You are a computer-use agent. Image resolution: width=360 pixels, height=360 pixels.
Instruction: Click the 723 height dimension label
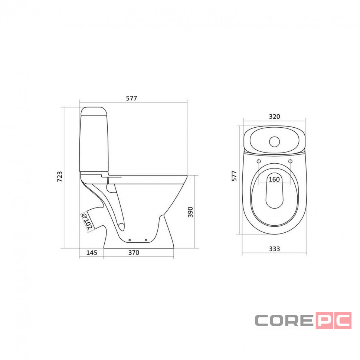coord(60,177)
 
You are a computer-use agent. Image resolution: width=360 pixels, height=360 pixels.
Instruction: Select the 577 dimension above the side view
coord(131,98)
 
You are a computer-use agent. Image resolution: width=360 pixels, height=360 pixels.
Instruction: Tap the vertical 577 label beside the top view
coord(234,176)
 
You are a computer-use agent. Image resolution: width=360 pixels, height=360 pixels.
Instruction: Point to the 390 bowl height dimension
coord(190,212)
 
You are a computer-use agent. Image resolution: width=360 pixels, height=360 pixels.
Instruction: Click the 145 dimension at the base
coord(92,252)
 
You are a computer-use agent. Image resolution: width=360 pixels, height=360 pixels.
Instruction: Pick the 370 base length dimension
coord(134,252)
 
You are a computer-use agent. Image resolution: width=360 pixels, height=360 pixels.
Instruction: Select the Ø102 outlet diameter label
coord(87,221)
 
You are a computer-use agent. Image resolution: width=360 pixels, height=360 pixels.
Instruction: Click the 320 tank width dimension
coord(274,117)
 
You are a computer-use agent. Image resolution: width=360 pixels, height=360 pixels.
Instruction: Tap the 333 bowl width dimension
coord(274,249)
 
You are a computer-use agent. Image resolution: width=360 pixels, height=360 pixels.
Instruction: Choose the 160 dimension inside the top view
coord(274,179)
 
